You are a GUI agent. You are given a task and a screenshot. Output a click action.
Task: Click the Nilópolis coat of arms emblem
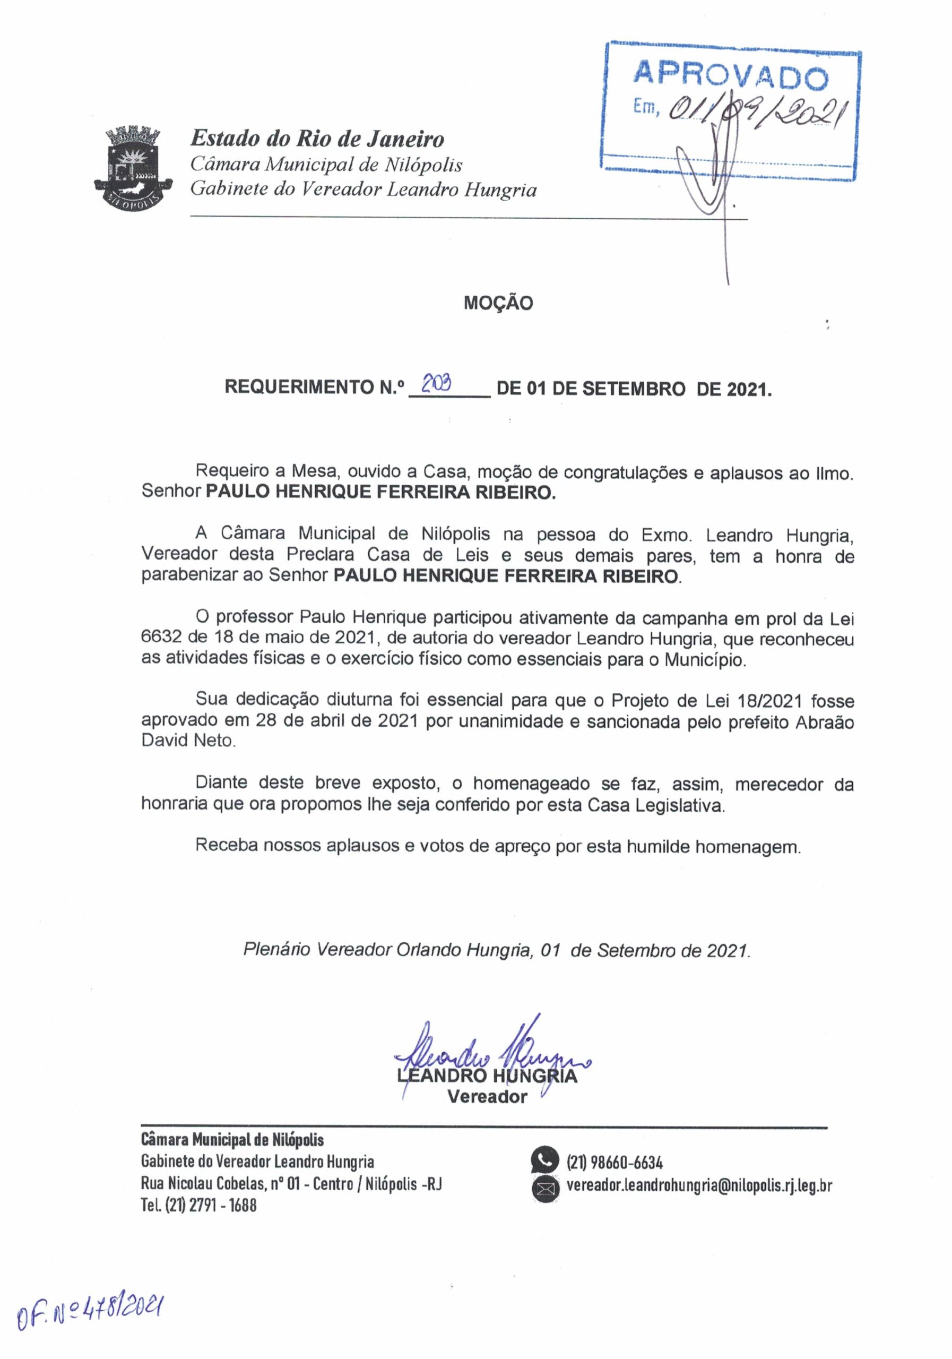tap(133, 166)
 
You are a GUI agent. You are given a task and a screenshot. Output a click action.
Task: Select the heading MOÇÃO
tap(498, 303)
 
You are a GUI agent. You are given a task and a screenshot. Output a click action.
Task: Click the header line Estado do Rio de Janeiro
tap(317, 139)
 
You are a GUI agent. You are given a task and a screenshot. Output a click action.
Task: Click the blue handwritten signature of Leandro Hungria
tap(491, 1055)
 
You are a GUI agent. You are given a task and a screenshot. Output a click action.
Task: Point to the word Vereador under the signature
tap(487, 1097)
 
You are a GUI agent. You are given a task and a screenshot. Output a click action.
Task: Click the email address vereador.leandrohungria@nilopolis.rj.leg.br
tap(699, 1185)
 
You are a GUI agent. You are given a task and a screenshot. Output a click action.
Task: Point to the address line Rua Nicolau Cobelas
tap(291, 1184)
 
